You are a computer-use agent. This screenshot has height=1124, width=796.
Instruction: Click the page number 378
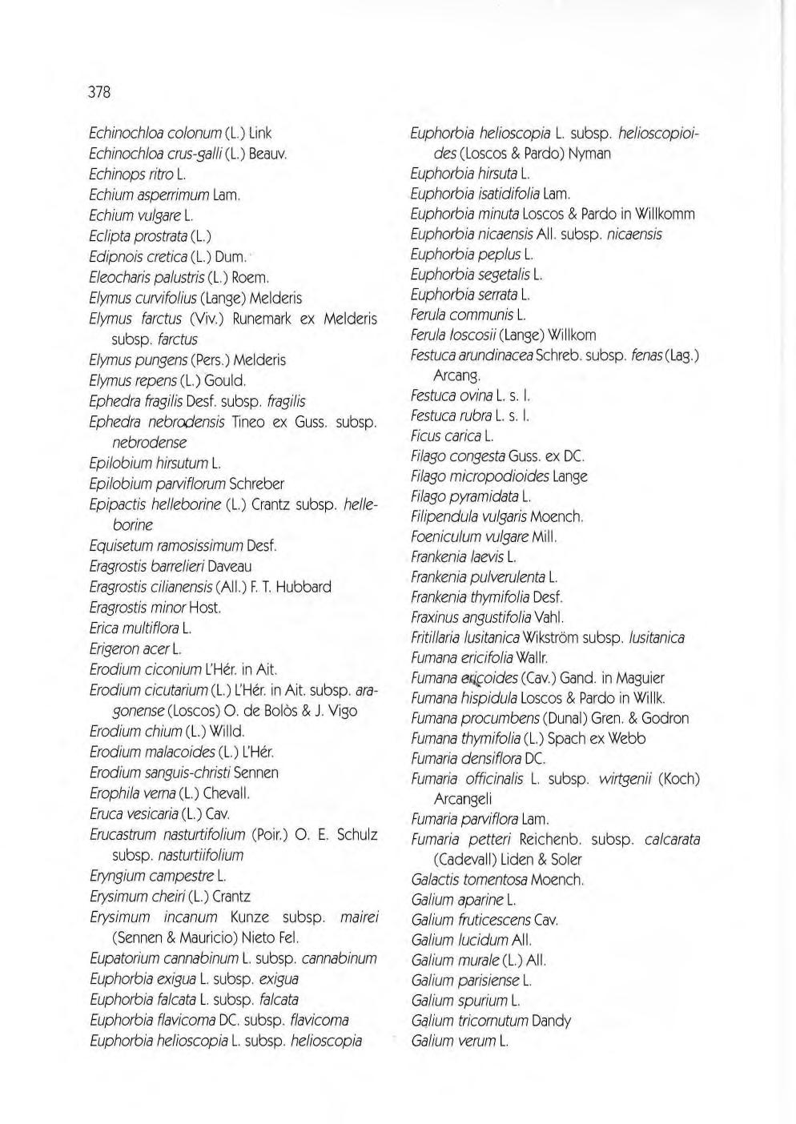click(98, 93)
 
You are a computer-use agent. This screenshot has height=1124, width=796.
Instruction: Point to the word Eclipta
click(111, 236)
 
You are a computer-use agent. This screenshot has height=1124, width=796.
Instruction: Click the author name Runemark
click(265, 319)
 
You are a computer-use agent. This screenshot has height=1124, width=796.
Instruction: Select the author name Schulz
click(356, 834)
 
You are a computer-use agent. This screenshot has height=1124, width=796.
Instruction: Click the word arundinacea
click(495, 355)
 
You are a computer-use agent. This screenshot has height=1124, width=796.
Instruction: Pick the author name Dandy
click(551, 1021)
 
